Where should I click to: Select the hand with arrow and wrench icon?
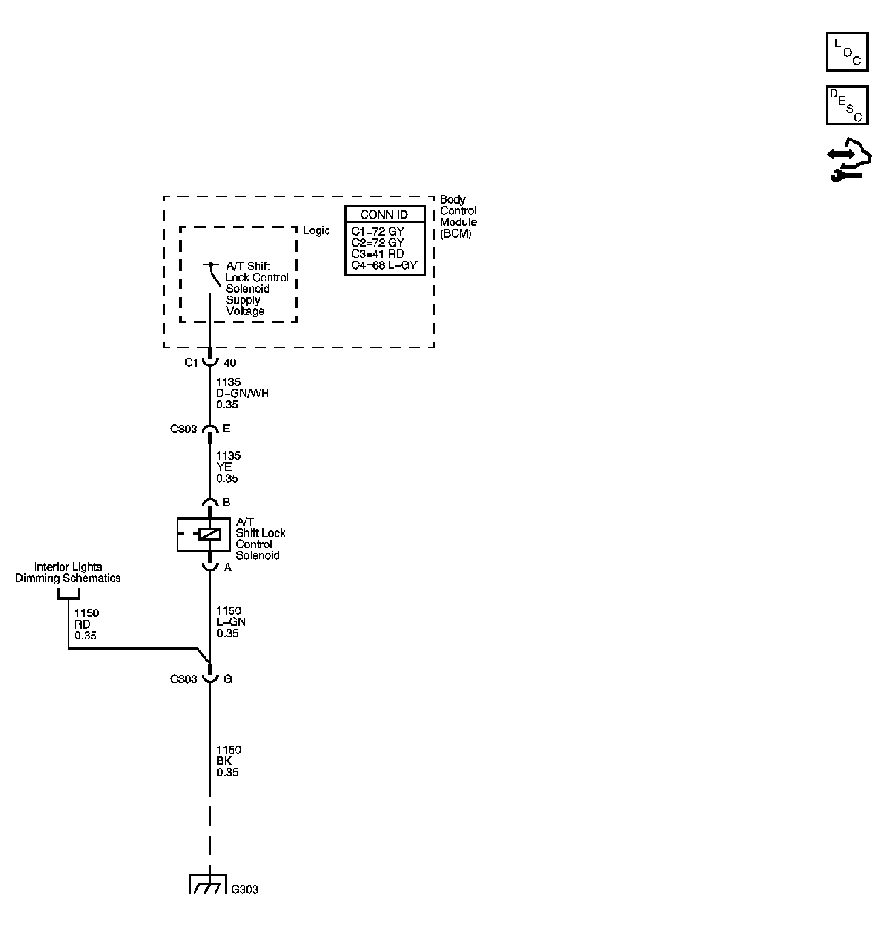[x=849, y=160]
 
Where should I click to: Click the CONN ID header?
[x=384, y=215]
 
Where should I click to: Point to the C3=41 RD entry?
[x=378, y=254]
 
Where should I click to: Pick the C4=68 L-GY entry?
[x=384, y=265]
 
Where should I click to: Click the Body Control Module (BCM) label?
[x=458, y=216]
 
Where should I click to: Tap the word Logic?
[x=316, y=230]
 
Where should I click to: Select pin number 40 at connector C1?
[x=229, y=363]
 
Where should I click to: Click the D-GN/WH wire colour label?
[x=242, y=393]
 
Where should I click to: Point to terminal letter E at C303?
[x=226, y=428]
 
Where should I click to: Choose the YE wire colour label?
[x=224, y=467]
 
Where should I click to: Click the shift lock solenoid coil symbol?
[x=209, y=534]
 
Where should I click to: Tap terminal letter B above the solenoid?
[x=226, y=502]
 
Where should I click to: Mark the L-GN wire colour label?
[x=231, y=622]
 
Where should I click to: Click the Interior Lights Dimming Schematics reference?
[x=68, y=572]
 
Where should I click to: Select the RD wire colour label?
[x=82, y=624]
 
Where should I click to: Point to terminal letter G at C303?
[x=228, y=679]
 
